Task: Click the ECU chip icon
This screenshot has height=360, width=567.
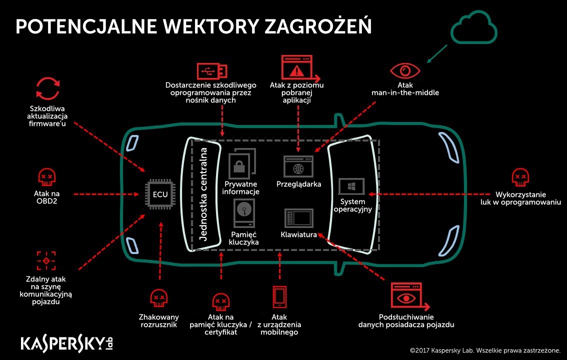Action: [160, 194]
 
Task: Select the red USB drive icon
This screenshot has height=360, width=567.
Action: [212, 71]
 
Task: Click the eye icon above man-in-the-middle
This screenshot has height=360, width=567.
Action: [405, 70]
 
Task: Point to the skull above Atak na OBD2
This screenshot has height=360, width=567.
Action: [46, 177]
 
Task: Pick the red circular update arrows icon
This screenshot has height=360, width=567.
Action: [47, 88]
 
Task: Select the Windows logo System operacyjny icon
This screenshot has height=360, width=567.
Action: [351, 186]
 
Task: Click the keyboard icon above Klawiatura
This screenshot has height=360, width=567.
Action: [298, 218]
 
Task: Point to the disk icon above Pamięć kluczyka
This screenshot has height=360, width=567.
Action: [244, 213]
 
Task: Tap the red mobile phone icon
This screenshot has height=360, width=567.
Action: [279, 296]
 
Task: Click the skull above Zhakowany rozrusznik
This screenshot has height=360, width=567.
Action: [158, 298]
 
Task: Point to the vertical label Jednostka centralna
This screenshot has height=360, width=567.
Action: [203, 194]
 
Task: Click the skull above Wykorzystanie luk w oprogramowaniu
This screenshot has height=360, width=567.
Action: [520, 177]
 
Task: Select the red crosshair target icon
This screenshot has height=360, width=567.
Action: [46, 260]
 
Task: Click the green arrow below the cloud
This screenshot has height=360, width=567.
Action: [437, 54]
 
